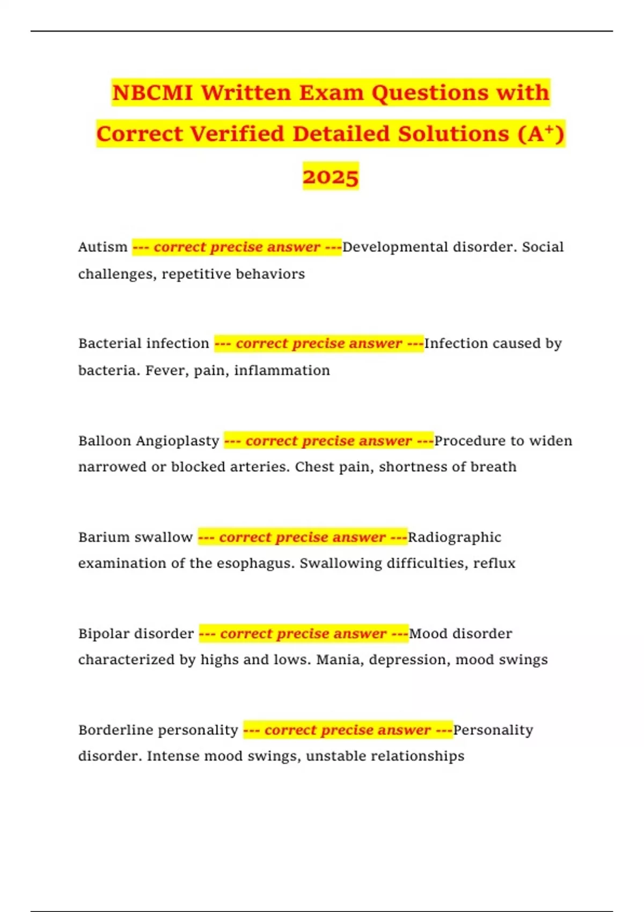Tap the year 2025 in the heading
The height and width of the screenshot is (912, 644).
[330, 176]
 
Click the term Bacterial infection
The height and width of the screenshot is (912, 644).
[143, 343]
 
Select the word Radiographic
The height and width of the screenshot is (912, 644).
[454, 538]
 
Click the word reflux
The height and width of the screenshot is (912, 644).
[494, 563]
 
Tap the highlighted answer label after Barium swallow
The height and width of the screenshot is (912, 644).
[303, 538]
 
